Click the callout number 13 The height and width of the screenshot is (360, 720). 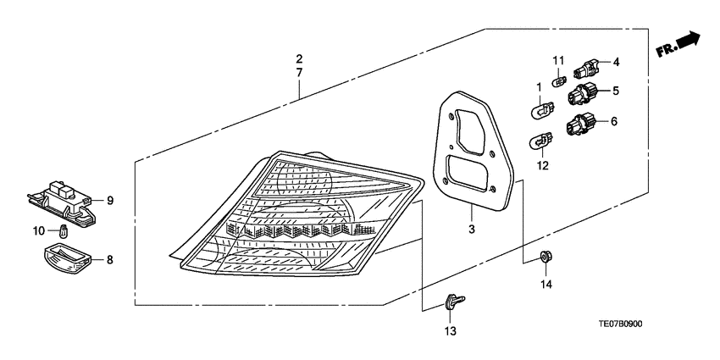[x=450, y=330]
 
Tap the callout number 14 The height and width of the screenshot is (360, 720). [x=546, y=284]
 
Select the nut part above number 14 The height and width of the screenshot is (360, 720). [x=546, y=256]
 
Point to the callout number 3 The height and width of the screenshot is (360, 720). [x=472, y=229]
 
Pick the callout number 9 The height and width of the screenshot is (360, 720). [x=109, y=201]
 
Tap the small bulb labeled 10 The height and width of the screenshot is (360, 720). [x=64, y=230]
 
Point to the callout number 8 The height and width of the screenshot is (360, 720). [x=109, y=261]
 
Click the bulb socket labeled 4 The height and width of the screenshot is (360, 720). [x=588, y=64]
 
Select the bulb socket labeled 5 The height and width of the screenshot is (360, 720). [x=583, y=92]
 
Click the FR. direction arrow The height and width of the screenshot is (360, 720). [x=679, y=46]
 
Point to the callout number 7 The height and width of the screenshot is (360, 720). [x=299, y=74]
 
